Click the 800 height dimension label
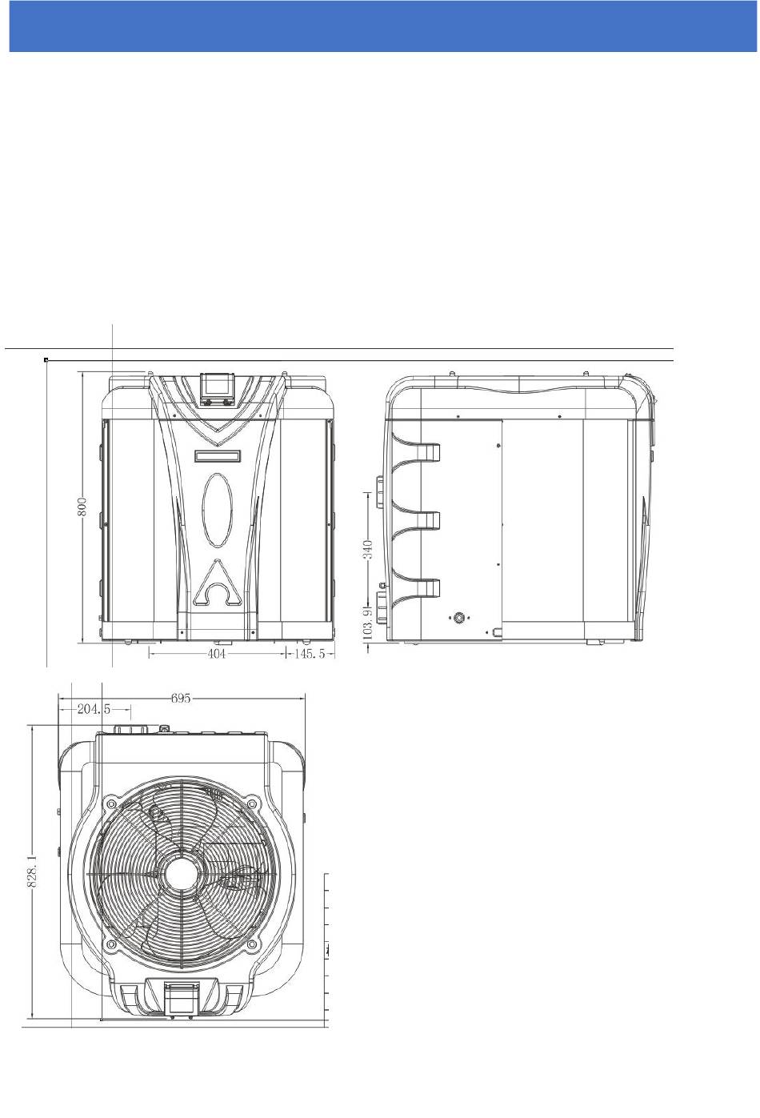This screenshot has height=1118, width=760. (x=83, y=506)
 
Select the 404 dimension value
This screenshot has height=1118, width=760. (x=217, y=653)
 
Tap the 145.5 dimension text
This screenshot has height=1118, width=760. (x=310, y=653)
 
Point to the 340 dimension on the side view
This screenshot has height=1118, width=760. (x=368, y=550)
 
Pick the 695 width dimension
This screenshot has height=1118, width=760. (x=181, y=699)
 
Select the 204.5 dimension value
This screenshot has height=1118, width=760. (x=94, y=709)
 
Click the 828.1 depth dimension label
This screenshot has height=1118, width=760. (x=32, y=870)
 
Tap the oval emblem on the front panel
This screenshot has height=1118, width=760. (x=217, y=509)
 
